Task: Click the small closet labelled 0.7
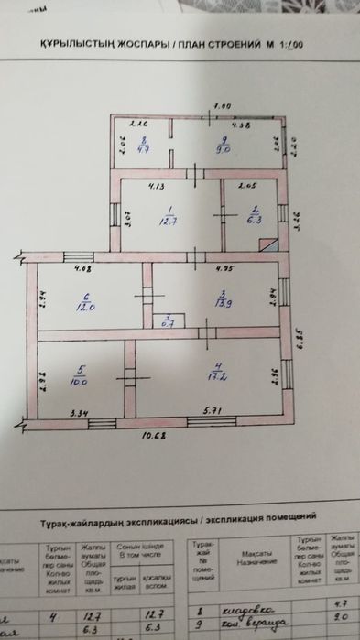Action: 168,320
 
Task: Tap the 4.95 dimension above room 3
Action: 222,268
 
